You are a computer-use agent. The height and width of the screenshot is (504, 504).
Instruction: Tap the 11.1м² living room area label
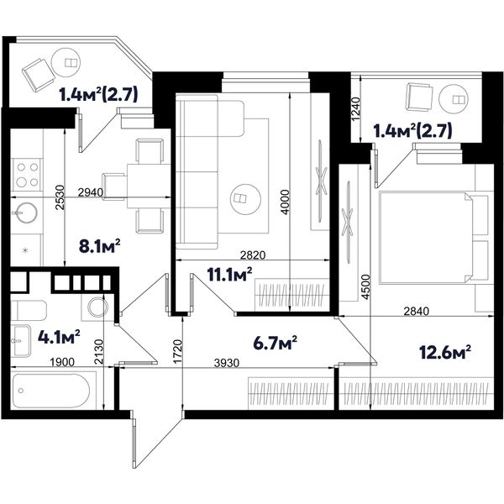coord(229,275)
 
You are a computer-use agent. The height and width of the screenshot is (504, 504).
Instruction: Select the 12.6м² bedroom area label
coord(445,352)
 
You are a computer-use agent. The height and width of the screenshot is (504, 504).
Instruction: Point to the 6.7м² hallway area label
coord(275,343)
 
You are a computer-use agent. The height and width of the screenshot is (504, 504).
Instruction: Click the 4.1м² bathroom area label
coord(59,337)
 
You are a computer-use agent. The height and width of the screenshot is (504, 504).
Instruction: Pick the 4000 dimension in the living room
coord(285,202)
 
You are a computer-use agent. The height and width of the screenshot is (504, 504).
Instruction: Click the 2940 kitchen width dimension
coord(91,192)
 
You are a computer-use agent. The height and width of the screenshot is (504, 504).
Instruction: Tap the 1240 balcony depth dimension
coord(356,109)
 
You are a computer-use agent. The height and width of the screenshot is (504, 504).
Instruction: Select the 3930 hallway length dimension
coord(227,363)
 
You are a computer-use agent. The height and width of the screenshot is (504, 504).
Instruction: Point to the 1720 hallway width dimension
coord(177,352)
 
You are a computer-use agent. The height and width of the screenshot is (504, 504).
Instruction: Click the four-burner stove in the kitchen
coord(27,175)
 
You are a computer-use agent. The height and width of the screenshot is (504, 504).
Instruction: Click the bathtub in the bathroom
coord(52,391)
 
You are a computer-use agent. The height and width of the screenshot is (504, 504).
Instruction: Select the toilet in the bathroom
coord(29,311)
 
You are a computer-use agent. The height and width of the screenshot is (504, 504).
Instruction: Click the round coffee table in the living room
coord(245,199)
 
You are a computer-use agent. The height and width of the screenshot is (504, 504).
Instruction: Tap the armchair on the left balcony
coord(38,76)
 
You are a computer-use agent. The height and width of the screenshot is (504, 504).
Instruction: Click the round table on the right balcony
coord(454,99)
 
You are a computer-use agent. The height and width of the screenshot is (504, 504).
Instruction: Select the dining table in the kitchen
coord(149,186)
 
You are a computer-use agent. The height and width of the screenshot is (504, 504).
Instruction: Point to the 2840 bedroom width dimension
coord(417,311)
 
